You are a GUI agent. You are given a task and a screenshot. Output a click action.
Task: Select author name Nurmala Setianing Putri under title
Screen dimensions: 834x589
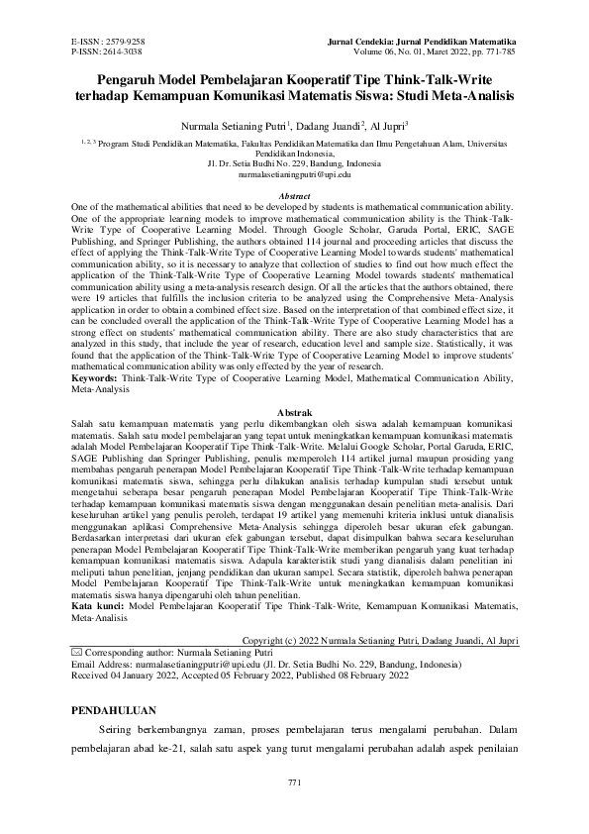coord(252,128)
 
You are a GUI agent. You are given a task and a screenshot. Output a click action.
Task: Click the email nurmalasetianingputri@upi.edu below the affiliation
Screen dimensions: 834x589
coord(295,173)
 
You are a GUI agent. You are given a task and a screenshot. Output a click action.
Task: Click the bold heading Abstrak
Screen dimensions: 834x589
coord(295,410)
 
